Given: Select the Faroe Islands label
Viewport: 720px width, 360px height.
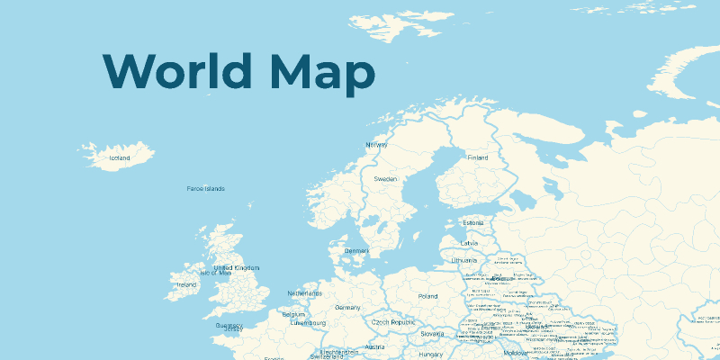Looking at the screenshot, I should pos(205,189).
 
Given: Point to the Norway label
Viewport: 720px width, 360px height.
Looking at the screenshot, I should pos(376,145).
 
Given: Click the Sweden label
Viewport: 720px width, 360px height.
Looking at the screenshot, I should pos(386,180).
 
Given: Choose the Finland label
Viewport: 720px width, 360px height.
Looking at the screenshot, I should pos(477,157).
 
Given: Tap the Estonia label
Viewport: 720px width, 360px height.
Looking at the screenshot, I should pos(473,223).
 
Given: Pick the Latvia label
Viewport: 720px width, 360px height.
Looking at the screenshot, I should pos(470,243).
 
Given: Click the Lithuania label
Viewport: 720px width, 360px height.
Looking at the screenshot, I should pos(464,260).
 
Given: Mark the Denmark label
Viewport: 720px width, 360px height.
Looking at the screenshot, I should pos(357,251).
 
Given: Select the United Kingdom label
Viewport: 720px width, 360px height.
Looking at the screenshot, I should pos(237,268).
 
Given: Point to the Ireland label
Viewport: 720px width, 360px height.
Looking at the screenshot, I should pos(186,285).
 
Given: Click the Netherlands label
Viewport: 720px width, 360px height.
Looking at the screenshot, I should pos(304,293).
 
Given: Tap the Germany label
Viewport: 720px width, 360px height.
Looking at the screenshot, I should pos(347,308).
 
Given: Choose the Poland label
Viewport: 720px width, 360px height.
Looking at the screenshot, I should pos(427,296).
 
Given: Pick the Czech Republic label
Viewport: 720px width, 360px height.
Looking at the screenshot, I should pos(393,321).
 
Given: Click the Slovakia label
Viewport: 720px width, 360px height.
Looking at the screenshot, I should pos(432,334).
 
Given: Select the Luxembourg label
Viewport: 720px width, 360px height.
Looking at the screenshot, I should pos(308,322).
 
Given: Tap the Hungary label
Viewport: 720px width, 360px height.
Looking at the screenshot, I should pos(430,355).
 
